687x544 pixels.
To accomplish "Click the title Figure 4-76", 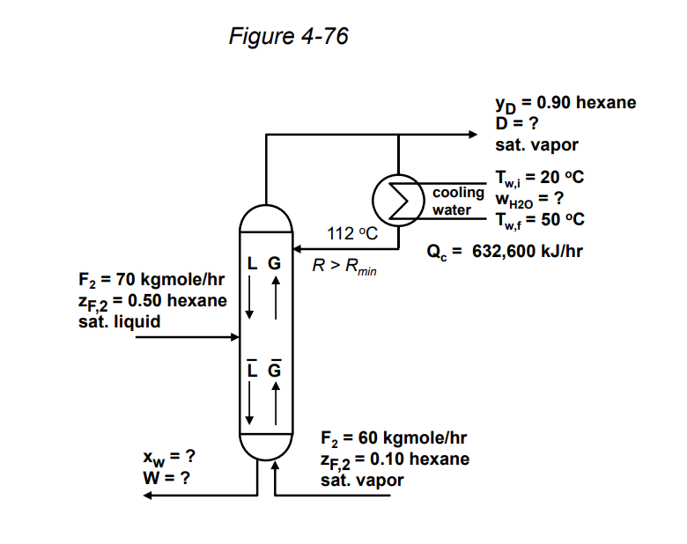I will click(x=288, y=36).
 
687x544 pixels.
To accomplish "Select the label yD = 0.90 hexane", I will click(x=565, y=103).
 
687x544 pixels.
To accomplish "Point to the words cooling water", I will click(x=458, y=202).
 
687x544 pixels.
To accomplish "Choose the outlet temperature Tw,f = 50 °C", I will click(x=540, y=219).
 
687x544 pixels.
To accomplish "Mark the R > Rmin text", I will click(x=344, y=265).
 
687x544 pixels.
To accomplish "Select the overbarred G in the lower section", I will click(x=274, y=370).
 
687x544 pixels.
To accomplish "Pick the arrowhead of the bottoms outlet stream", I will click(x=151, y=496).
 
